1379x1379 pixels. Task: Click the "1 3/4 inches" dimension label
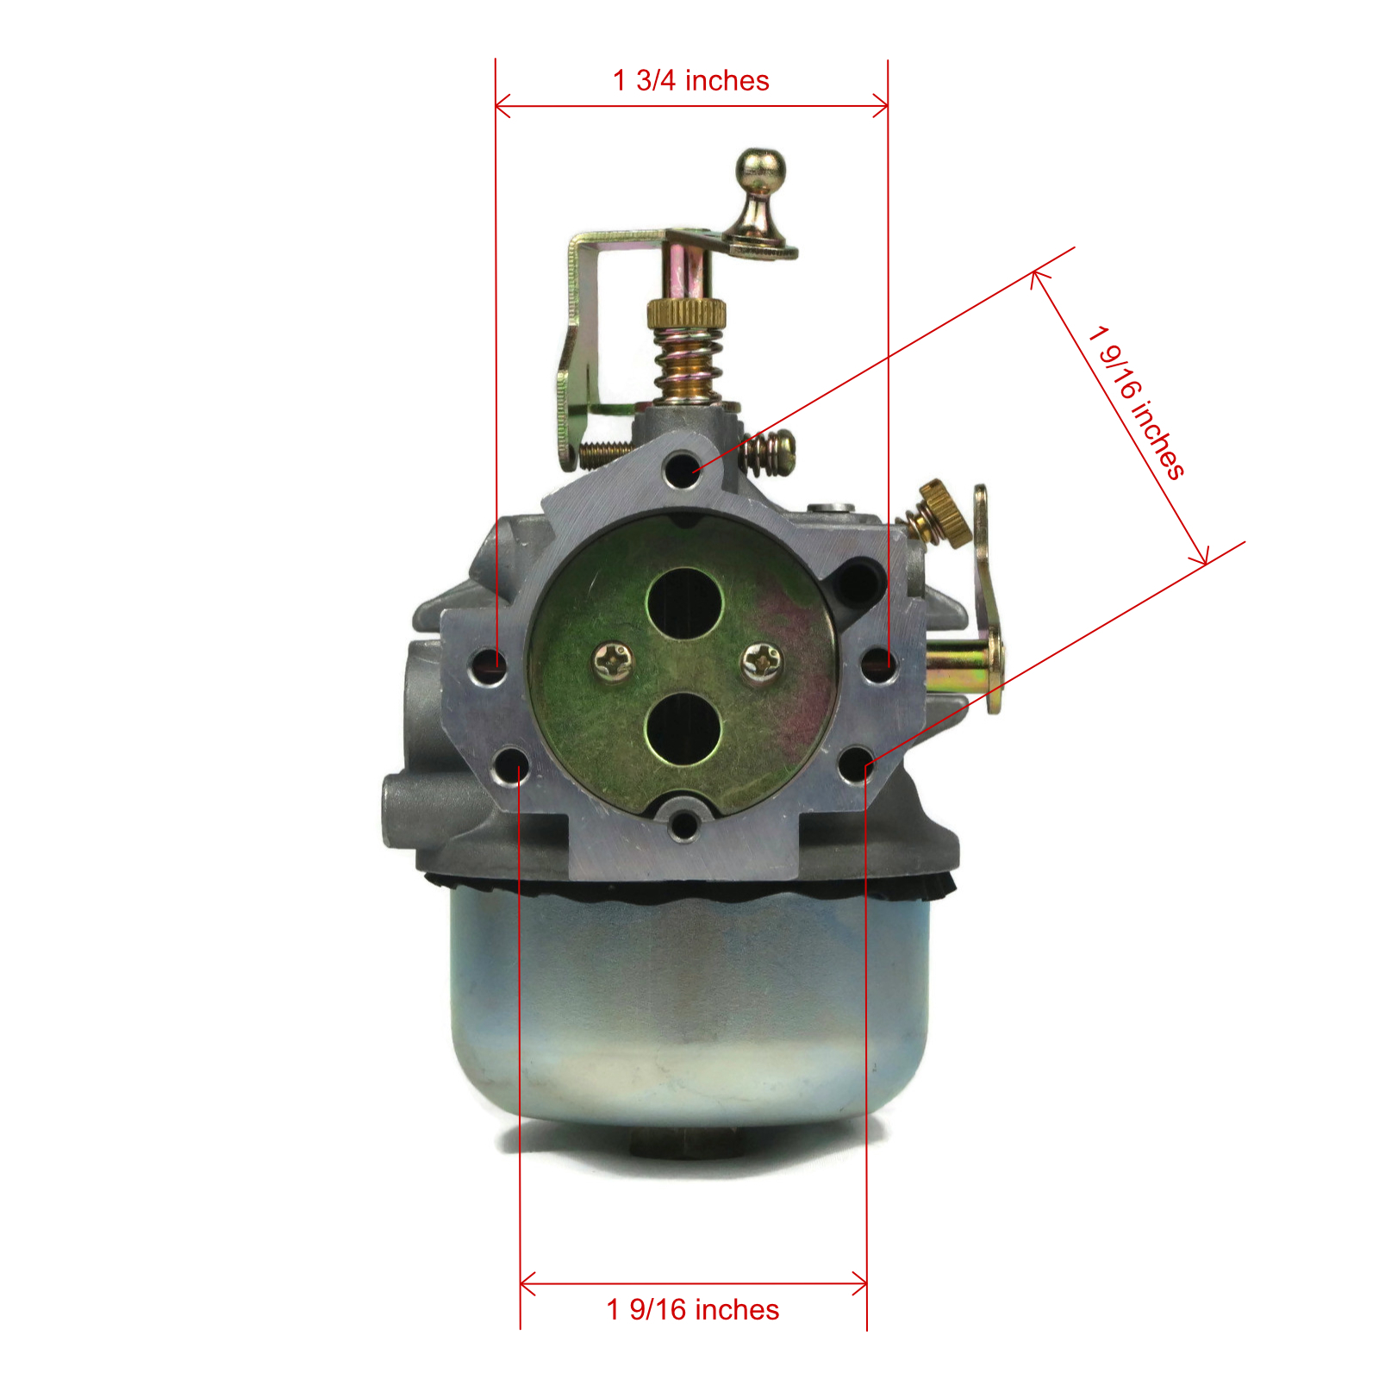click(x=691, y=80)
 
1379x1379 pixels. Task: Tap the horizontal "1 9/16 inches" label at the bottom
click(x=693, y=1309)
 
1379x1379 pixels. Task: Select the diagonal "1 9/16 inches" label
click(x=1136, y=402)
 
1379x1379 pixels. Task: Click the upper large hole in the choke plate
click(x=685, y=602)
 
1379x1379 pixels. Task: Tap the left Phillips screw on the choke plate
click(x=613, y=661)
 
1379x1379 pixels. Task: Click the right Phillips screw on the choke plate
click(x=763, y=661)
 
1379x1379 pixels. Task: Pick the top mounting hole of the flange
click(x=683, y=470)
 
